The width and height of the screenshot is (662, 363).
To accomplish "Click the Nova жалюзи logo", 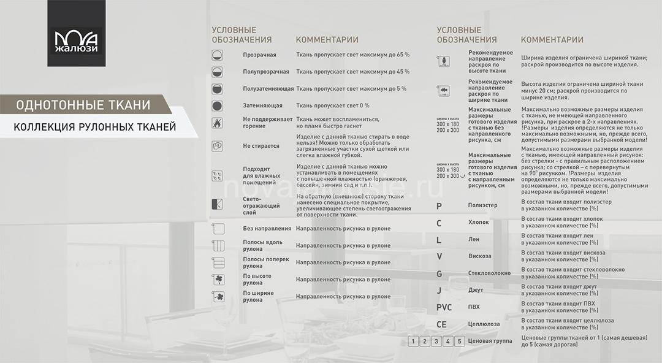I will coord(76,34).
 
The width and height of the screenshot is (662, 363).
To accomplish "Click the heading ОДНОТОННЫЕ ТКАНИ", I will coord(83,105).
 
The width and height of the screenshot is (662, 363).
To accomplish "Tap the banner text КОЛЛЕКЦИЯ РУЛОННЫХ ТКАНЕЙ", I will coord(94,128).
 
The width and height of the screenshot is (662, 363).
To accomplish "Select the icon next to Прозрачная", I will coord(217,55).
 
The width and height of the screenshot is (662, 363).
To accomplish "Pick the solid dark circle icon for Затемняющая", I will coord(217,106).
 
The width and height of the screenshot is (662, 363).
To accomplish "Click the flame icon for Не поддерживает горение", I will coord(217,123).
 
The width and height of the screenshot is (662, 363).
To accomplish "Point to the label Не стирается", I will coord(261,146).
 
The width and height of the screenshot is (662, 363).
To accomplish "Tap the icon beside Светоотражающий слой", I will coord(217,205).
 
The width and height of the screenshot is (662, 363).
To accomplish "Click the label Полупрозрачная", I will coord(266,72).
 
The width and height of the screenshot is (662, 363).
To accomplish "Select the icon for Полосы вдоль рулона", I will coord(217,246).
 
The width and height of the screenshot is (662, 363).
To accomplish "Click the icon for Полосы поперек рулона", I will coord(217,263).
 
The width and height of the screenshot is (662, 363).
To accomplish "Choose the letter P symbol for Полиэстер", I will coord(439,206).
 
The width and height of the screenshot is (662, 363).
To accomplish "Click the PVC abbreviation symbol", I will coord(444,307).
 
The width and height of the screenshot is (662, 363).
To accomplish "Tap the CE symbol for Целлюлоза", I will coord(441,324).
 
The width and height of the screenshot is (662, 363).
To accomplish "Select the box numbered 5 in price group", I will coord(459,341).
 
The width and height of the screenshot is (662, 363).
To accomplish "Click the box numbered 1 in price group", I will coord(414,341).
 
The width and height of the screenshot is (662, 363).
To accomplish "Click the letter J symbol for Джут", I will coord(439,290).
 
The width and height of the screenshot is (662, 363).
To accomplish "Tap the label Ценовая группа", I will coord(490,341).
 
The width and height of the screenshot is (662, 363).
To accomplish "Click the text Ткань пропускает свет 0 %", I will coord(333,105).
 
